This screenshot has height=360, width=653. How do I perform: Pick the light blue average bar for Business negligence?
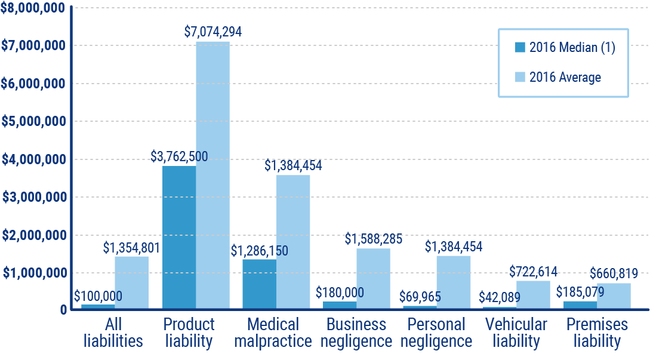click(x=373, y=278)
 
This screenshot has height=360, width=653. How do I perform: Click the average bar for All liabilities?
click(x=131, y=282)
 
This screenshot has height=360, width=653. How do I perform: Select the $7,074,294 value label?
click(x=213, y=32)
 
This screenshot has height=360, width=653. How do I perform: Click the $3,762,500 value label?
click(x=179, y=157)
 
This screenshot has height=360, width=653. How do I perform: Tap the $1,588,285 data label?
click(x=374, y=239)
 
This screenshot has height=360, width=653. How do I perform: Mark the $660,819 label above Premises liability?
click(x=614, y=274)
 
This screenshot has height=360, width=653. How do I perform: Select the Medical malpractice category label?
click(x=273, y=333)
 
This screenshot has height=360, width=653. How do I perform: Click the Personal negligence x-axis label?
click(x=436, y=333)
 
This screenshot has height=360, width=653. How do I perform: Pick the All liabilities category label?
click(x=113, y=333)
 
